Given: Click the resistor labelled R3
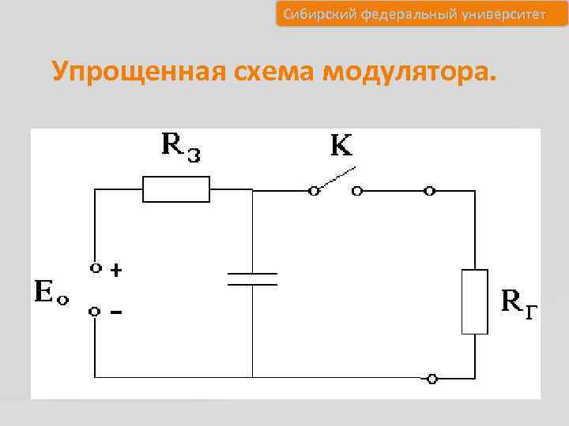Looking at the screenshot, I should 175,190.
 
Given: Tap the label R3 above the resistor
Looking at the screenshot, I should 181,145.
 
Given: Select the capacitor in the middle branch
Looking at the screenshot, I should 253,278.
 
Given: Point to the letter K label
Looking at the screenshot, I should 341,146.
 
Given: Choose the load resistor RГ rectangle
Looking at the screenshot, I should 475,301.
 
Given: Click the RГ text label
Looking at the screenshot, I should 521,302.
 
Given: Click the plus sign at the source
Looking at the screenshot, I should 116,271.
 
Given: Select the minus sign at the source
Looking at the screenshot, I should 116,313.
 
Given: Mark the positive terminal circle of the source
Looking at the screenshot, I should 95,268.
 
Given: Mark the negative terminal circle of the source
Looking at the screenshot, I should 95,312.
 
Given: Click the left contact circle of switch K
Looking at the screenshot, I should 314,190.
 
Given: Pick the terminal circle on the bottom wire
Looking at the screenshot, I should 431,379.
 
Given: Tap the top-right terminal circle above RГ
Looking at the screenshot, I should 429,190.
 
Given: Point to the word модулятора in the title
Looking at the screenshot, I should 408,73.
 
